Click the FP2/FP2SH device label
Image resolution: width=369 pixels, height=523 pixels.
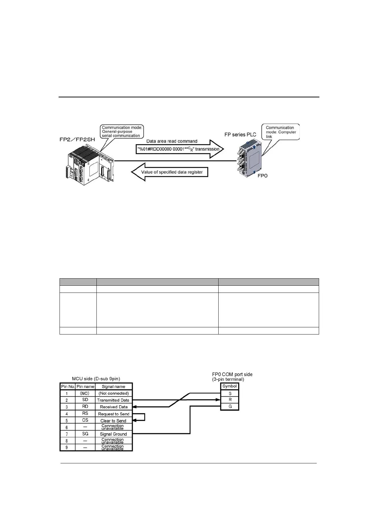coord(77,140)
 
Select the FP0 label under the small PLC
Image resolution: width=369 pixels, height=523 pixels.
coord(262,176)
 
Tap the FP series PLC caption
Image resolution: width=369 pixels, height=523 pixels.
coord(240,134)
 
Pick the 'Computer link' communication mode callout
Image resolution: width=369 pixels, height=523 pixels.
coord(281,132)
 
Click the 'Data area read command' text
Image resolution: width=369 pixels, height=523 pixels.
coord(172,141)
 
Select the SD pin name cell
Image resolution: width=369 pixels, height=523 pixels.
coord(85,400)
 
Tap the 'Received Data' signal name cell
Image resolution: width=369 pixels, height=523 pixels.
coord(113,407)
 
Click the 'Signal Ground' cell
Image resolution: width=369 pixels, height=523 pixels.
coord(113,434)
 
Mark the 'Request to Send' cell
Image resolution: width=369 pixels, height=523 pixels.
coord(113,414)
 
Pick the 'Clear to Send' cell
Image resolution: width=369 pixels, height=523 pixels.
coord(113,421)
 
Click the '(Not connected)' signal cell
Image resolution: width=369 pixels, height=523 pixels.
coord(113,393)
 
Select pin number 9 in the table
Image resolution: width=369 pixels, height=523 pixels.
coord(67,448)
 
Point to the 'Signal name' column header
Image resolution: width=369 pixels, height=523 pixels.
coord(113,387)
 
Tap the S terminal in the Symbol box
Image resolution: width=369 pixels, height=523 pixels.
coord(230,393)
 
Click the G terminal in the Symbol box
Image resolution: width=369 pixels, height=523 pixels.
coord(230,407)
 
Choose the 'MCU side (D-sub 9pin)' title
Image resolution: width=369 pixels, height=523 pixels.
coord(96,379)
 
